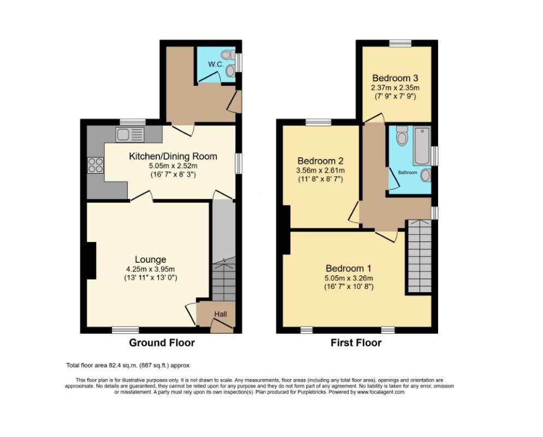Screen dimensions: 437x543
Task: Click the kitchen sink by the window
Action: (129, 134)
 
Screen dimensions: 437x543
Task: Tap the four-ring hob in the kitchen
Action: (96, 165)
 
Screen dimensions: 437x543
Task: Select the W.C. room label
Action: (216, 64)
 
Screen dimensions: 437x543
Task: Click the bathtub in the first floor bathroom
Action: (422, 146)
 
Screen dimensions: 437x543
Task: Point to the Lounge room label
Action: (151, 259)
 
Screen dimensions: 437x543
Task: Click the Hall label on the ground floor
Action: (220, 314)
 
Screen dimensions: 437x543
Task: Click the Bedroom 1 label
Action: (349, 268)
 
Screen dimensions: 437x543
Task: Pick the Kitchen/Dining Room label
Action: (173, 157)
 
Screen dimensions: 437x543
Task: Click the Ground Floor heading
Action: (162, 343)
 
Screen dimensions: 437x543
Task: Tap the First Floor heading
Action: (356, 343)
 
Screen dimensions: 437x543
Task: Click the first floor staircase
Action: (418, 257)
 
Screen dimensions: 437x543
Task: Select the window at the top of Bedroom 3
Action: (400, 43)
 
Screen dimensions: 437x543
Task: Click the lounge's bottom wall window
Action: (126, 330)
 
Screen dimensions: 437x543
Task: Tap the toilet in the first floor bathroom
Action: (403, 136)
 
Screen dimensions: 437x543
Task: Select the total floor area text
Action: (127, 365)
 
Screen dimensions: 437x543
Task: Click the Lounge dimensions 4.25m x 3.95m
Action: (151, 269)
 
